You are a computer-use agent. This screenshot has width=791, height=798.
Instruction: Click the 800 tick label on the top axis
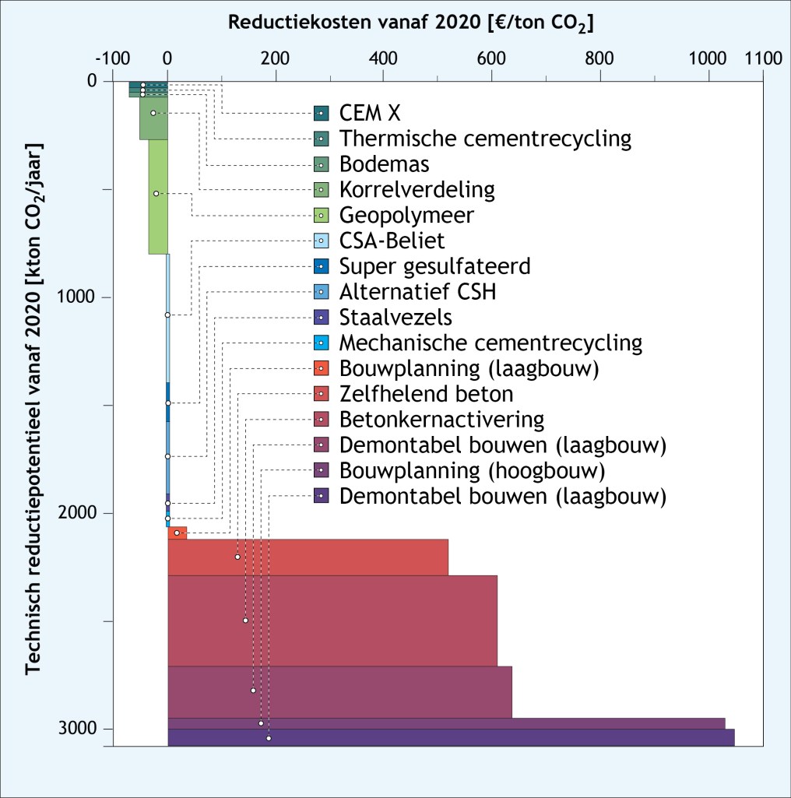tap(599, 59)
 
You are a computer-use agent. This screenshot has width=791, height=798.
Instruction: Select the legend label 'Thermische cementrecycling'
tap(485, 139)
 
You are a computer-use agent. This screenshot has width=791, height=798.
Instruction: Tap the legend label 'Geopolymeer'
tap(406, 215)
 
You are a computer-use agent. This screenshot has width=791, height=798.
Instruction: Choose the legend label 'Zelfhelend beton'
tap(426, 394)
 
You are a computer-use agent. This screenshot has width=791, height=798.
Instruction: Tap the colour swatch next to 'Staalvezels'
tap(321, 318)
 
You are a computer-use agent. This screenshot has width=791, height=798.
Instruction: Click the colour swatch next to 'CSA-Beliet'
tap(321, 241)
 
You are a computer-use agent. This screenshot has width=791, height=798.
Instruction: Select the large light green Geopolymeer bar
tap(158, 196)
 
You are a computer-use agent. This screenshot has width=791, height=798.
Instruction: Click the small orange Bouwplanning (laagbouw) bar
tap(178, 533)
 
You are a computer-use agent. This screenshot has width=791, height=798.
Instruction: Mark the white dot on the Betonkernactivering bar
tap(245, 620)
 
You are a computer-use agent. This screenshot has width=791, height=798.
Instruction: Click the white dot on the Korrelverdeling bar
tap(153, 113)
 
